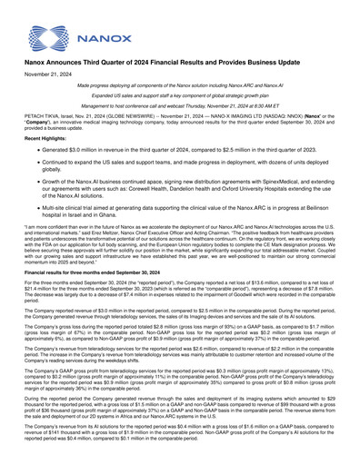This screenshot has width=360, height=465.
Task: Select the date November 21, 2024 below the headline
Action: tap(48, 97)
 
